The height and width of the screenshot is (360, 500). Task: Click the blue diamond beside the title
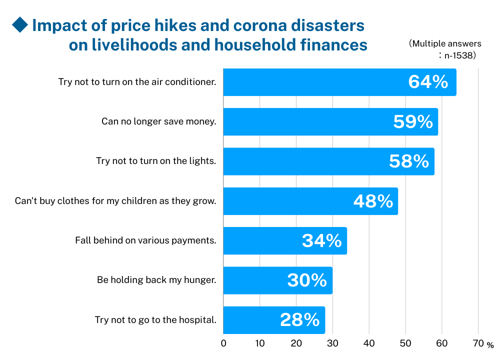(20, 24)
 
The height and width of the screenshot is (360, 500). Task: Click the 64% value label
(428, 82)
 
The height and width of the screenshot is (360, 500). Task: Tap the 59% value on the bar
(413, 121)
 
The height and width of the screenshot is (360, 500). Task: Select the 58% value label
(409, 161)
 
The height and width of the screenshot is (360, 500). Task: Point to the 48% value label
(373, 201)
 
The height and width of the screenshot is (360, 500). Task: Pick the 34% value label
(322, 240)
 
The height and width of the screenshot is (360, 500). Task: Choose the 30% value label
(307, 280)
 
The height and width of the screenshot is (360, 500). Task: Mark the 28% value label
(300, 320)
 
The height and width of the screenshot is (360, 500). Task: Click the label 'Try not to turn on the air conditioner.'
(137, 82)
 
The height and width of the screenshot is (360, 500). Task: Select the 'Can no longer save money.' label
(158, 121)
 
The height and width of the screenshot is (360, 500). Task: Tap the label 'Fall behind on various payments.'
(145, 240)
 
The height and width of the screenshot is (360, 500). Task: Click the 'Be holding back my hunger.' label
(156, 280)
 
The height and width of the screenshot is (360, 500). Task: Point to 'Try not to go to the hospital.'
(155, 320)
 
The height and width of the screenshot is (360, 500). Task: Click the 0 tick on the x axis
(223, 343)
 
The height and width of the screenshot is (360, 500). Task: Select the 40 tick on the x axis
(369, 343)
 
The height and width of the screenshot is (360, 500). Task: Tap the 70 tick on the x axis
(478, 343)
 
